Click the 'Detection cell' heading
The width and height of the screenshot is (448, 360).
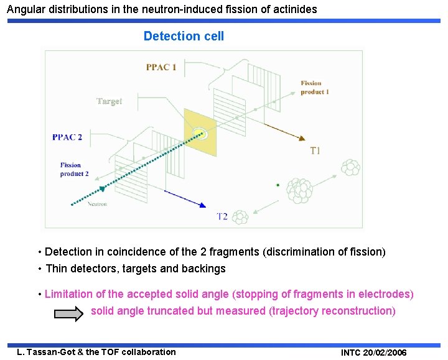tap(184, 36)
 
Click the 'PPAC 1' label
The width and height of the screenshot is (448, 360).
tap(161, 67)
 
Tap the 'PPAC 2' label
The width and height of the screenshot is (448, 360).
tap(67, 137)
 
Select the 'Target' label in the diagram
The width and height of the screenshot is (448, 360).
tap(109, 101)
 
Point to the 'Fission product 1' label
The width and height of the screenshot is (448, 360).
tap(314, 88)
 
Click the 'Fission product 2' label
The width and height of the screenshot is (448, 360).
tap(74, 169)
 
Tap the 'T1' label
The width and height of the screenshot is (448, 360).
tap(315, 150)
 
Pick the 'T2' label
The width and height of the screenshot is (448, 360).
tap(222, 216)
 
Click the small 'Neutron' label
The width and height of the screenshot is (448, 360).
tap(97, 204)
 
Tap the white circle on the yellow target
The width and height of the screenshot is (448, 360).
tap(199, 132)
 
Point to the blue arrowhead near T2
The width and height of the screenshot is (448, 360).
tap(202, 205)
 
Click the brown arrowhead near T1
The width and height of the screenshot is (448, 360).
tap(301, 139)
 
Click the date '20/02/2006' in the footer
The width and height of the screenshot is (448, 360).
tap(382, 353)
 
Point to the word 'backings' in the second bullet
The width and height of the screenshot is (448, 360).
tap(205, 269)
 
